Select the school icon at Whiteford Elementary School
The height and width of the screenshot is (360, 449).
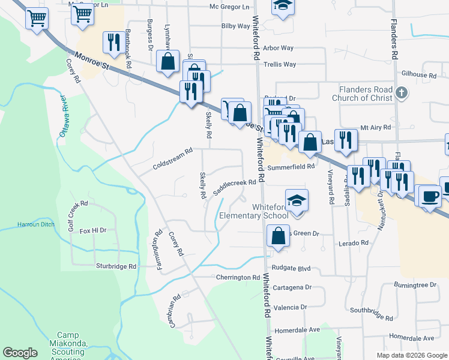(x=296, y=200)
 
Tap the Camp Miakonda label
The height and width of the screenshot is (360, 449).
(x=73, y=340)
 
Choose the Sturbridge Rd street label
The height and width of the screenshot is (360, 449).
(x=116, y=265)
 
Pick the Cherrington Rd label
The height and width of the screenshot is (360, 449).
(x=238, y=278)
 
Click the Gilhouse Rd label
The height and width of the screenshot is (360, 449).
(x=420, y=76)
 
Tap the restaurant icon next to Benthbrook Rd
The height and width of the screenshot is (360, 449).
(x=112, y=42)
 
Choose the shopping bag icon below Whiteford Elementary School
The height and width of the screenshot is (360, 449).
(x=279, y=235)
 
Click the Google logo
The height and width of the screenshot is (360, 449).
(x=20, y=353)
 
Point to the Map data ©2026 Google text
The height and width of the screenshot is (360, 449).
(x=411, y=355)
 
